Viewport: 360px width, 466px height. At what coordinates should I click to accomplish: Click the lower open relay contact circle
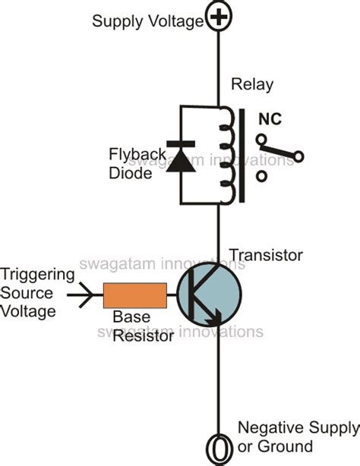[x=262, y=177]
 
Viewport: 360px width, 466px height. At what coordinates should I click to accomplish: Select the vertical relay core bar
[x=242, y=156]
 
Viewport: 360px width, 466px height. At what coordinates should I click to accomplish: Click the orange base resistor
[x=135, y=295]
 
